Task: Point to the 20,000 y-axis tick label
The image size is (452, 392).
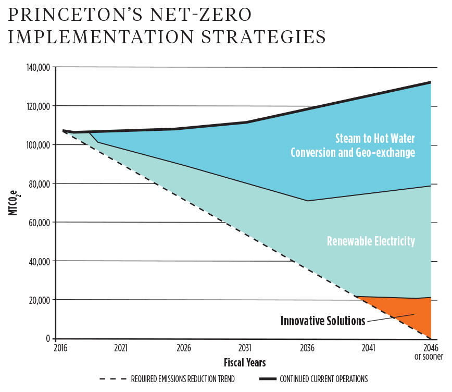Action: pos(37,300)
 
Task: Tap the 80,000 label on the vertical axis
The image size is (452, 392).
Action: pos(37,183)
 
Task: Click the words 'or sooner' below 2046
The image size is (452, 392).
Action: pos(430,358)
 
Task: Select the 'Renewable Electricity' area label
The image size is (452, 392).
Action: pos(371,241)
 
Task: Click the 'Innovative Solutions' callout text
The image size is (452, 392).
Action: pos(323,321)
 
